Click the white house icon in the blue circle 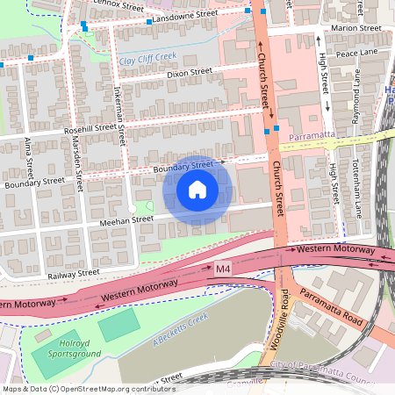[x=197, y=189]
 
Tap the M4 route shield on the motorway [x=226, y=272]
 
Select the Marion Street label [x=355, y=28]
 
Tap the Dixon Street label [x=190, y=74]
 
